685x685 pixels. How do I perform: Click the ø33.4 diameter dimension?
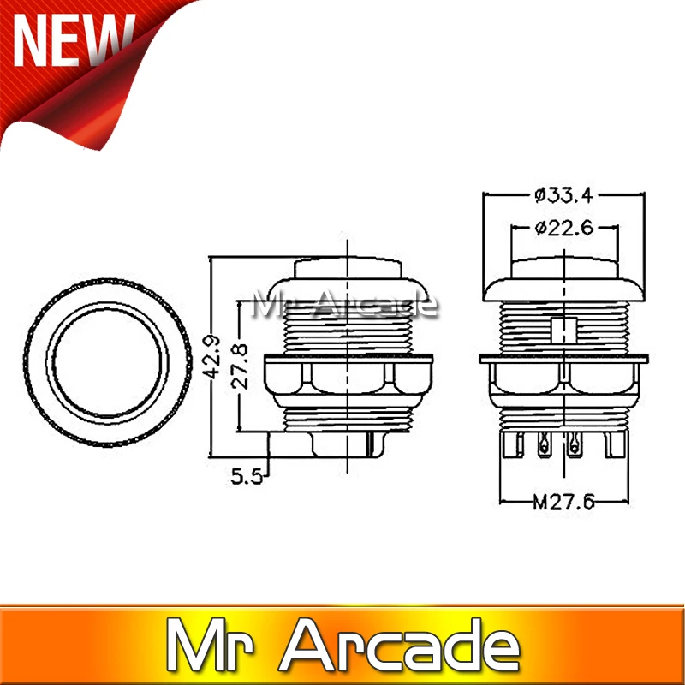coord(563,195)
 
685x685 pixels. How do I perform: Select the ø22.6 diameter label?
coord(563,228)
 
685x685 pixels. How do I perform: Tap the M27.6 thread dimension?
coord(563,503)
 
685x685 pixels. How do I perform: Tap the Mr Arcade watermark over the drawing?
coord(348,302)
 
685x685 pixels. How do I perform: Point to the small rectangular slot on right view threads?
coord(563,330)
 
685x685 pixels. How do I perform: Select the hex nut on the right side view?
coord(563,377)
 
